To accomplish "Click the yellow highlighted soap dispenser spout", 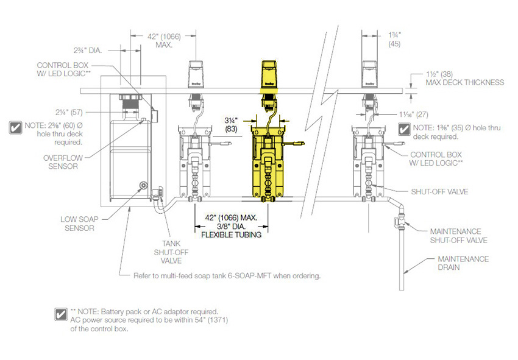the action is [x=269, y=74].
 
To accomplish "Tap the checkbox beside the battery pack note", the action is [x=61, y=314].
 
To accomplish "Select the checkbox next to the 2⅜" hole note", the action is [x=15, y=128].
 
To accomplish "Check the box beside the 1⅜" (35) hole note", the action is [x=404, y=129].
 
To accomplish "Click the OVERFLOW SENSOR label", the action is [x=63, y=162].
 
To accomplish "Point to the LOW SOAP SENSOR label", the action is [x=79, y=224].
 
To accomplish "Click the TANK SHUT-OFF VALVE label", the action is [x=171, y=252].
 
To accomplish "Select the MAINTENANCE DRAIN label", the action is [x=463, y=263].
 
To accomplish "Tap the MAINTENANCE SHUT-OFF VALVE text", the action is [x=458, y=236].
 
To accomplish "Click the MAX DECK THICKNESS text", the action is [x=465, y=83].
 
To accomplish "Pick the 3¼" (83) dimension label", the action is [x=231, y=124].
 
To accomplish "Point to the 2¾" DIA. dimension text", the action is [x=88, y=51].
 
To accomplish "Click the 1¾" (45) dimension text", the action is [x=394, y=40].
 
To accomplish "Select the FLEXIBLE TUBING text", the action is [x=231, y=235].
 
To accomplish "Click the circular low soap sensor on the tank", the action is [x=143, y=185].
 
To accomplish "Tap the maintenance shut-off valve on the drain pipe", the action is [x=401, y=222].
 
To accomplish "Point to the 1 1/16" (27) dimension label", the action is [x=413, y=115].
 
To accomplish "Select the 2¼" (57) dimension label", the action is [x=69, y=112].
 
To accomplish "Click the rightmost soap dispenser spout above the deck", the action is [x=369, y=74].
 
